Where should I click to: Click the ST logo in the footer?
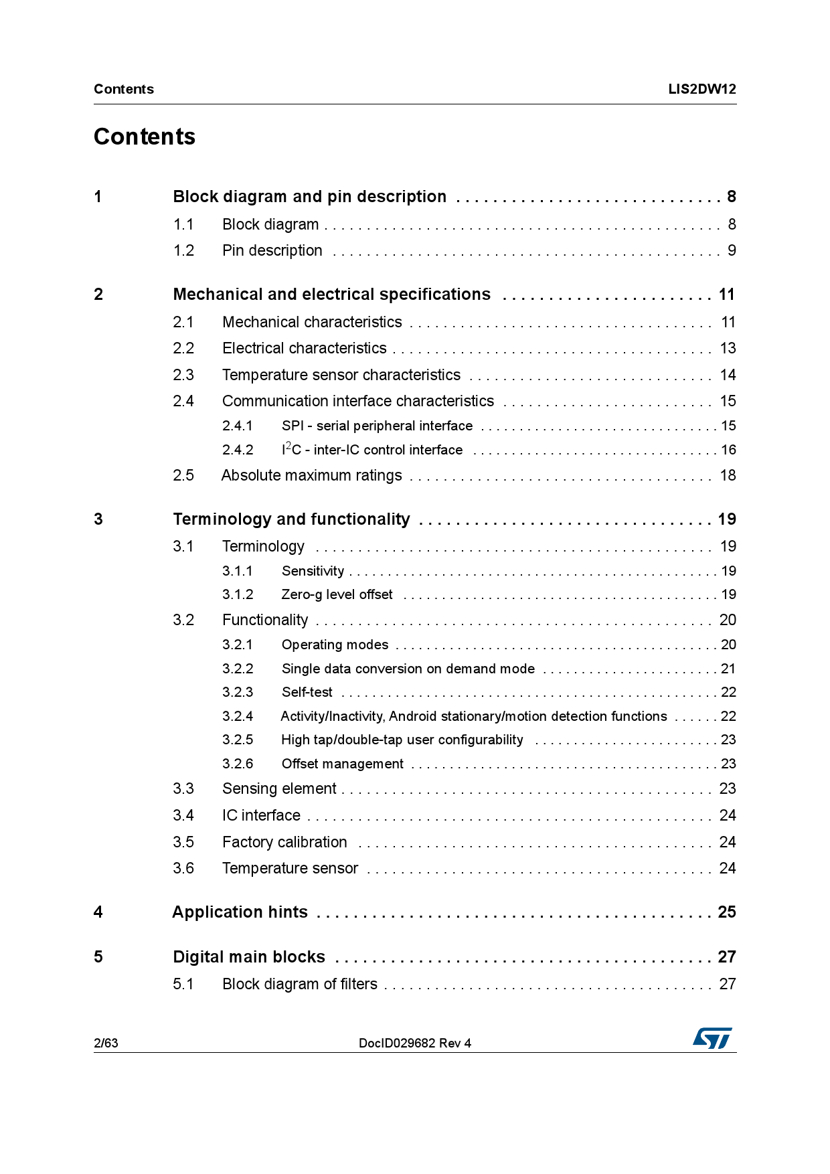(x=712, y=1038)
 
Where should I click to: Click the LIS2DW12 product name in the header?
(x=701, y=89)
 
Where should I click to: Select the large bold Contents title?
(x=145, y=137)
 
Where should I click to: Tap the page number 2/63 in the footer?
(x=106, y=1043)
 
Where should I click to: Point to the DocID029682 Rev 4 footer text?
(x=414, y=1043)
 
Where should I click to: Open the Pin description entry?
(x=272, y=250)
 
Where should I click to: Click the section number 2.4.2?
(x=238, y=450)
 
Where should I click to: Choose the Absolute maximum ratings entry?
(x=311, y=475)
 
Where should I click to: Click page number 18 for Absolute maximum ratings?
(x=728, y=475)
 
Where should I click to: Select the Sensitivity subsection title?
(x=313, y=571)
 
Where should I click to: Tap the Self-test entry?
(x=307, y=692)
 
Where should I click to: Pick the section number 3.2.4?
(x=238, y=716)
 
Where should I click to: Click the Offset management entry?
(x=342, y=764)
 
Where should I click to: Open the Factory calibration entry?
(x=284, y=842)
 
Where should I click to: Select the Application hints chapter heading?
(x=240, y=912)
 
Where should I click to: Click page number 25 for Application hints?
(x=726, y=912)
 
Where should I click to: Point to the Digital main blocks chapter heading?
(x=248, y=957)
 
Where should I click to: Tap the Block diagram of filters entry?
(x=299, y=984)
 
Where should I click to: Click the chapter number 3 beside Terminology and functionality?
(x=98, y=519)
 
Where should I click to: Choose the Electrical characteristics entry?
(x=304, y=348)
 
